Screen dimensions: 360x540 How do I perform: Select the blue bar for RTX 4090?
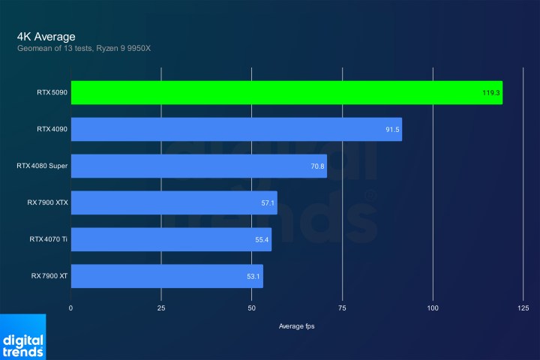[236, 130]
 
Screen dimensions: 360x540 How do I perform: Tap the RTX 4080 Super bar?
[199, 166]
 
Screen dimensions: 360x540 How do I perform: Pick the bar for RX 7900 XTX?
[174, 202]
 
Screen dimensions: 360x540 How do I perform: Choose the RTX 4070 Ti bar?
[171, 239]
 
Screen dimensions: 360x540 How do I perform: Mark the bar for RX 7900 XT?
[166, 276]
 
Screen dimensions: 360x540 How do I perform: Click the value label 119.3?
[491, 94]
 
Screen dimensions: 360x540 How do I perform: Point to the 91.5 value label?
[392, 130]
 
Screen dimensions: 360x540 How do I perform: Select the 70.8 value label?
[316, 166]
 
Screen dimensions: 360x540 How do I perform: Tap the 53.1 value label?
[253, 277]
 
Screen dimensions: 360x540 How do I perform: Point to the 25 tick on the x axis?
[161, 308]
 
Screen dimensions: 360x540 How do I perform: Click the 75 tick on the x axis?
[342, 308]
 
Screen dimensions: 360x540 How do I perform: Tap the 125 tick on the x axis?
[523, 308]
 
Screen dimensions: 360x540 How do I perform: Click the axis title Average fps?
[297, 325]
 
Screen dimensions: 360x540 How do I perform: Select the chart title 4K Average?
[46, 36]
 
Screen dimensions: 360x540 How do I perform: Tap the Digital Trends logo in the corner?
[22, 340]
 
